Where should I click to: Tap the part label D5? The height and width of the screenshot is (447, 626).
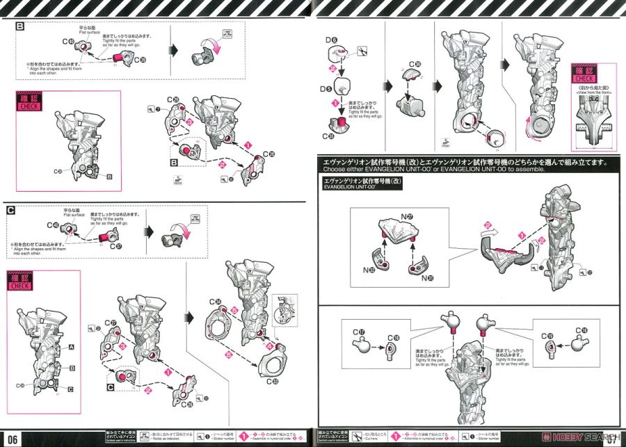point(326,90)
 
